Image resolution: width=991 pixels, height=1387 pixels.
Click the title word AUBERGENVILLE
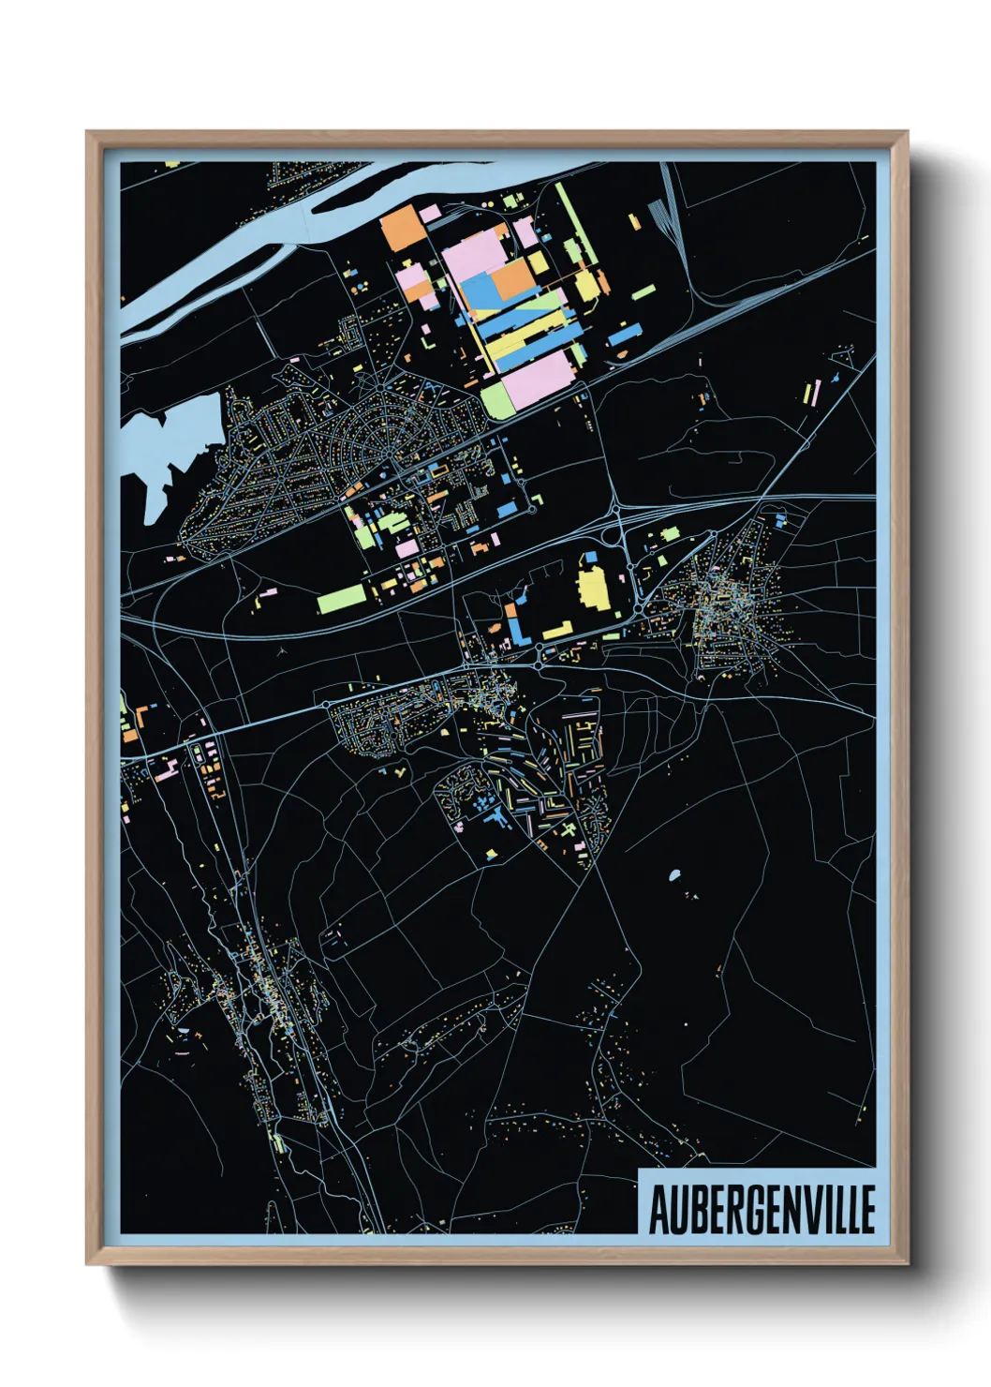[762, 1209]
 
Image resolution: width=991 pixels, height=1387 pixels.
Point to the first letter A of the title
[658, 1210]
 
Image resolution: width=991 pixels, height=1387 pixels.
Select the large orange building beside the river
[403, 228]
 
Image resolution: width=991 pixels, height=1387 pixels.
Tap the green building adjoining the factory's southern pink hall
[497, 399]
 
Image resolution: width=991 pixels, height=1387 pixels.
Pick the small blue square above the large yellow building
[590, 559]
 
